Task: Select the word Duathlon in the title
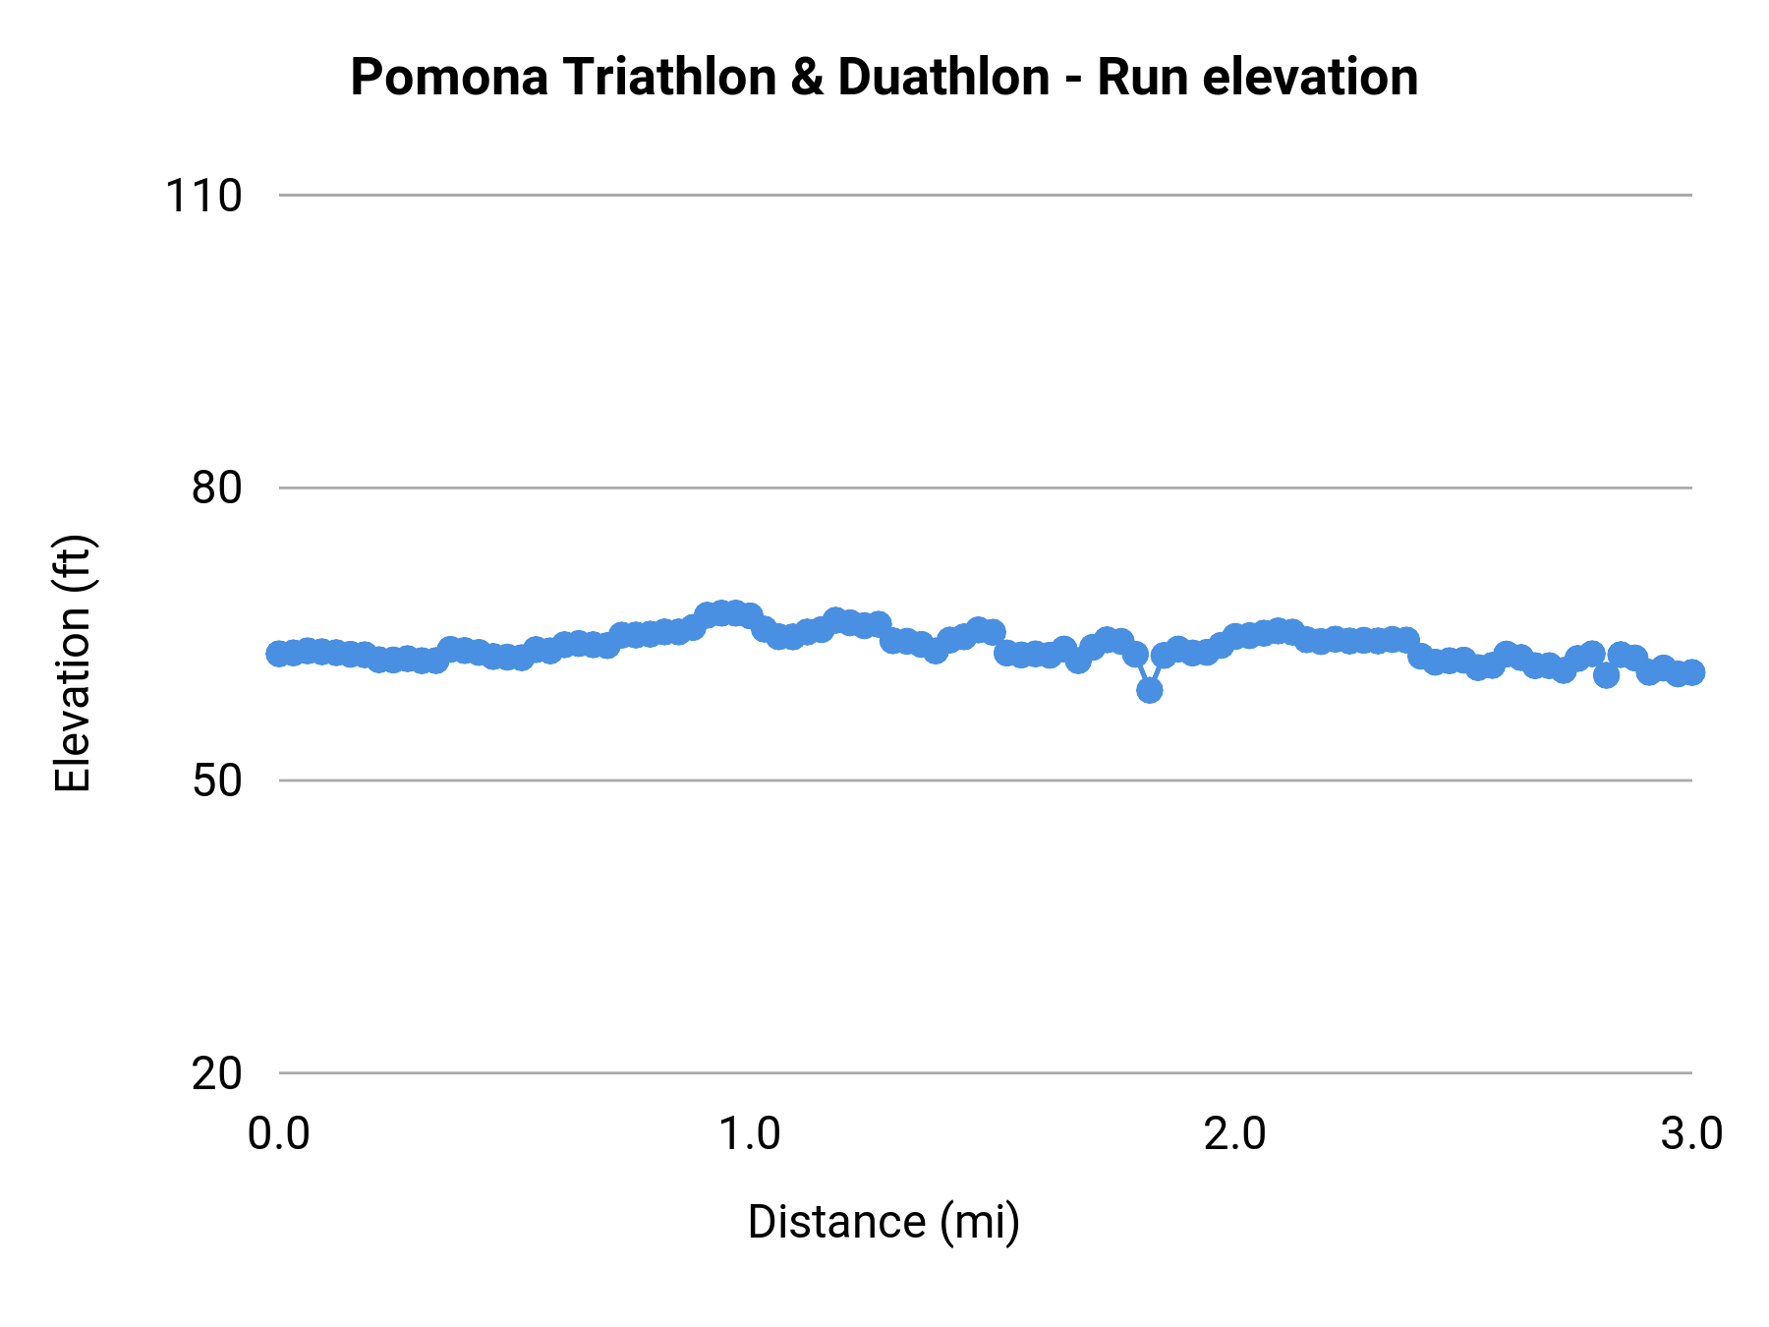pyautogui.click(x=943, y=78)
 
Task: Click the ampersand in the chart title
pyautogui.click(x=807, y=78)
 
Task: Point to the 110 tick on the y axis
pyautogui.click(x=203, y=196)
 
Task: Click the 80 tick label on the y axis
pyautogui.click(x=216, y=488)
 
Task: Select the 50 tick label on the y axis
pyautogui.click(x=216, y=780)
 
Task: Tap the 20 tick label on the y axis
pyautogui.click(x=216, y=1073)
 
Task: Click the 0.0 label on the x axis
pyautogui.click(x=279, y=1134)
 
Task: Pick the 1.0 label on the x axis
pyautogui.click(x=750, y=1134)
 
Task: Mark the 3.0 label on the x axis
pyautogui.click(x=1691, y=1134)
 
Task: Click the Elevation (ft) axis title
pyautogui.click(x=73, y=663)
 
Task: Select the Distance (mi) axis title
pyautogui.click(x=884, y=1222)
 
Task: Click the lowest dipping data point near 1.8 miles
pyautogui.click(x=1149, y=690)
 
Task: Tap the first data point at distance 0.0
pyautogui.click(x=279, y=654)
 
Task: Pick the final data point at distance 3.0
pyautogui.click(x=1692, y=672)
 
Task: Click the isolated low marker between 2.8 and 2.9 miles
pyautogui.click(x=1606, y=675)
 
